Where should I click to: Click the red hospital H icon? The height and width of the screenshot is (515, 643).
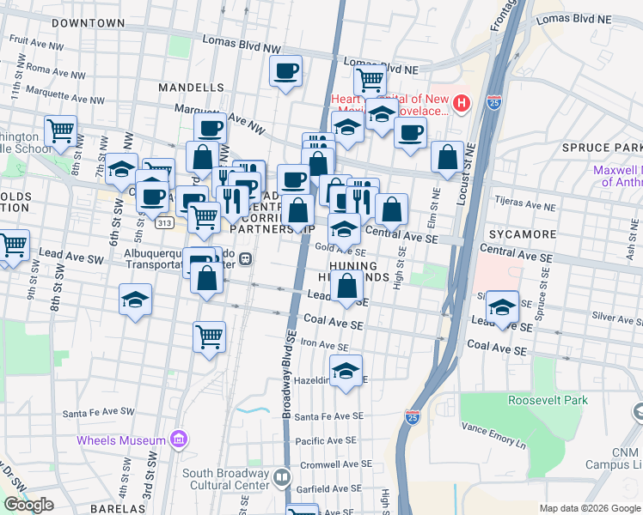462,105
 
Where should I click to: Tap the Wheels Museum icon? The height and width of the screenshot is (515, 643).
179,440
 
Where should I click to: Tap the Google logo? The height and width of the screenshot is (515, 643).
29,505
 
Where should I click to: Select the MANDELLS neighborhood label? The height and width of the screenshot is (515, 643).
191,88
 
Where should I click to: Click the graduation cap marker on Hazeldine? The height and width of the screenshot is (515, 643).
346,372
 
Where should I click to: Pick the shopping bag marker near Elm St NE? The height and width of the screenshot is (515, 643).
447,157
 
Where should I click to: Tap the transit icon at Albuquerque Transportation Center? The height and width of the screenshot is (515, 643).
245,258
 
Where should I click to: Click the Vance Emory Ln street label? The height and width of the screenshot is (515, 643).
493,431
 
